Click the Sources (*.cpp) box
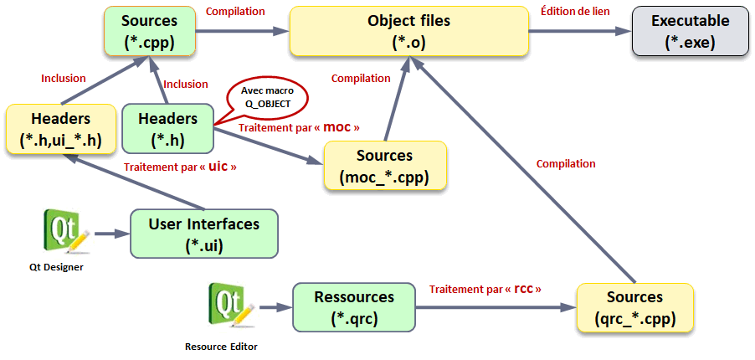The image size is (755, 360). tap(149, 31)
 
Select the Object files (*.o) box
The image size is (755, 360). tap(408, 31)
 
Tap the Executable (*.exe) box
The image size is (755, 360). tap(690, 31)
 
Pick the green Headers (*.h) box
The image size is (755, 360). tap(167, 129)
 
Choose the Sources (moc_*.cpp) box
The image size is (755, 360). tap(385, 166)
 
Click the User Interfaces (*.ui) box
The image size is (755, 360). tap(203, 234)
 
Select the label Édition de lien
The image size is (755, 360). tap(576, 11)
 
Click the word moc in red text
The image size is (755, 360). tap(337, 127)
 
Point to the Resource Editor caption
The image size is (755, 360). tap(221, 345)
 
